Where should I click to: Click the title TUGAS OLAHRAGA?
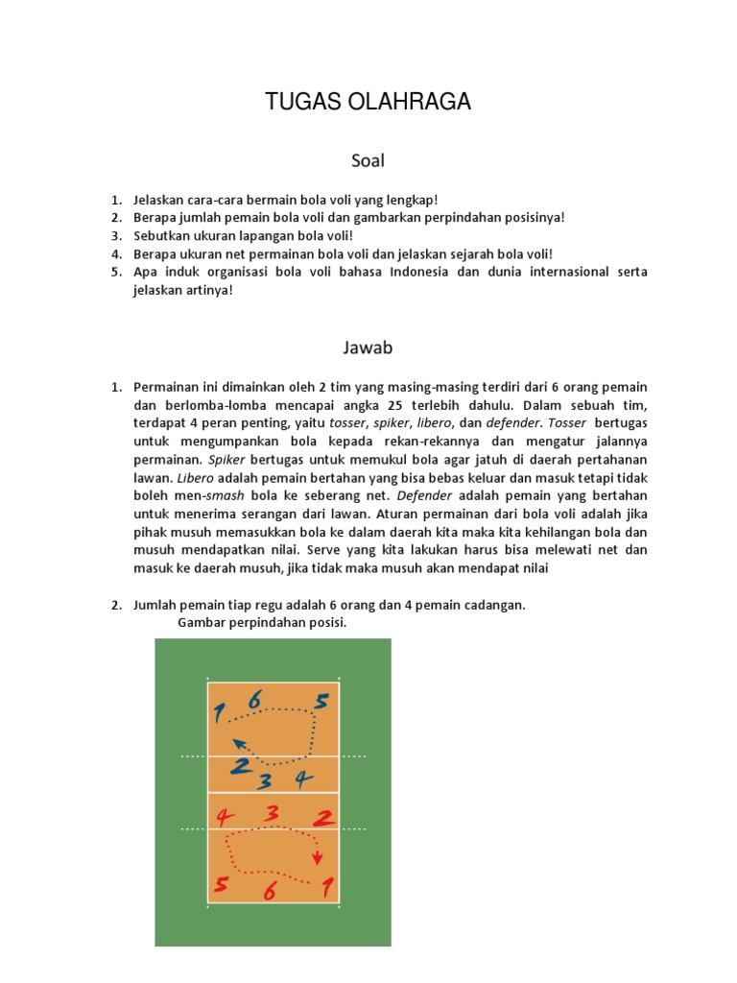click(368, 103)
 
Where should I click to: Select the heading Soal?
click(368, 160)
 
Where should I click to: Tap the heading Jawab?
click(368, 347)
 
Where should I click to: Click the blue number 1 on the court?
click(220, 713)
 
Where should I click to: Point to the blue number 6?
click(254, 700)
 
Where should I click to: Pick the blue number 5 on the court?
click(321, 702)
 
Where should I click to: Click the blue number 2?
click(240, 766)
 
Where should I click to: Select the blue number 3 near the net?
click(266, 780)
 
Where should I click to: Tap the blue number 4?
click(303, 778)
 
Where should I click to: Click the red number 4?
click(225, 818)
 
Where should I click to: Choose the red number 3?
click(273, 813)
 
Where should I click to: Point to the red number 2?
click(324, 817)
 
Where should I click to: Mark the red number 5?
click(222, 884)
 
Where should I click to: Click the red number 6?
click(270, 893)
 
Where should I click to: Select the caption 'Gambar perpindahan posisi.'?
click(262, 623)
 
